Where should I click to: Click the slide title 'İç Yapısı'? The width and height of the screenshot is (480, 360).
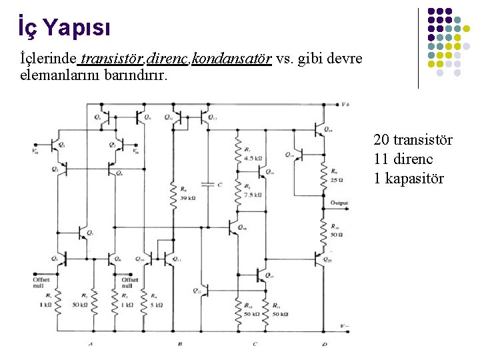pos(63,27)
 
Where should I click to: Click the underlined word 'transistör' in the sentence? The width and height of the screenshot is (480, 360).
pos(109,59)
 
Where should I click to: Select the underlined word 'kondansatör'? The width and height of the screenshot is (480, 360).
pos(231,59)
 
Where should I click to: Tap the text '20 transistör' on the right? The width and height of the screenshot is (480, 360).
pos(413,140)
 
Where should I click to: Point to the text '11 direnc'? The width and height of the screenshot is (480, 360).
pos(403,159)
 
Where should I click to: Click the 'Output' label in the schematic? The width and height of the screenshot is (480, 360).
pos(339,203)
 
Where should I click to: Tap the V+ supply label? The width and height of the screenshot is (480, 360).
pos(345,105)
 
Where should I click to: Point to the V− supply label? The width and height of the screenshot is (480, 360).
pos(345,327)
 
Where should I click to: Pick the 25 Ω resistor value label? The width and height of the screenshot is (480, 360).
pos(336,179)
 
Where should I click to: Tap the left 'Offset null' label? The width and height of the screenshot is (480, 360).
pos(41,283)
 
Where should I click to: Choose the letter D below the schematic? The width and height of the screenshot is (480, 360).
pos(324,344)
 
